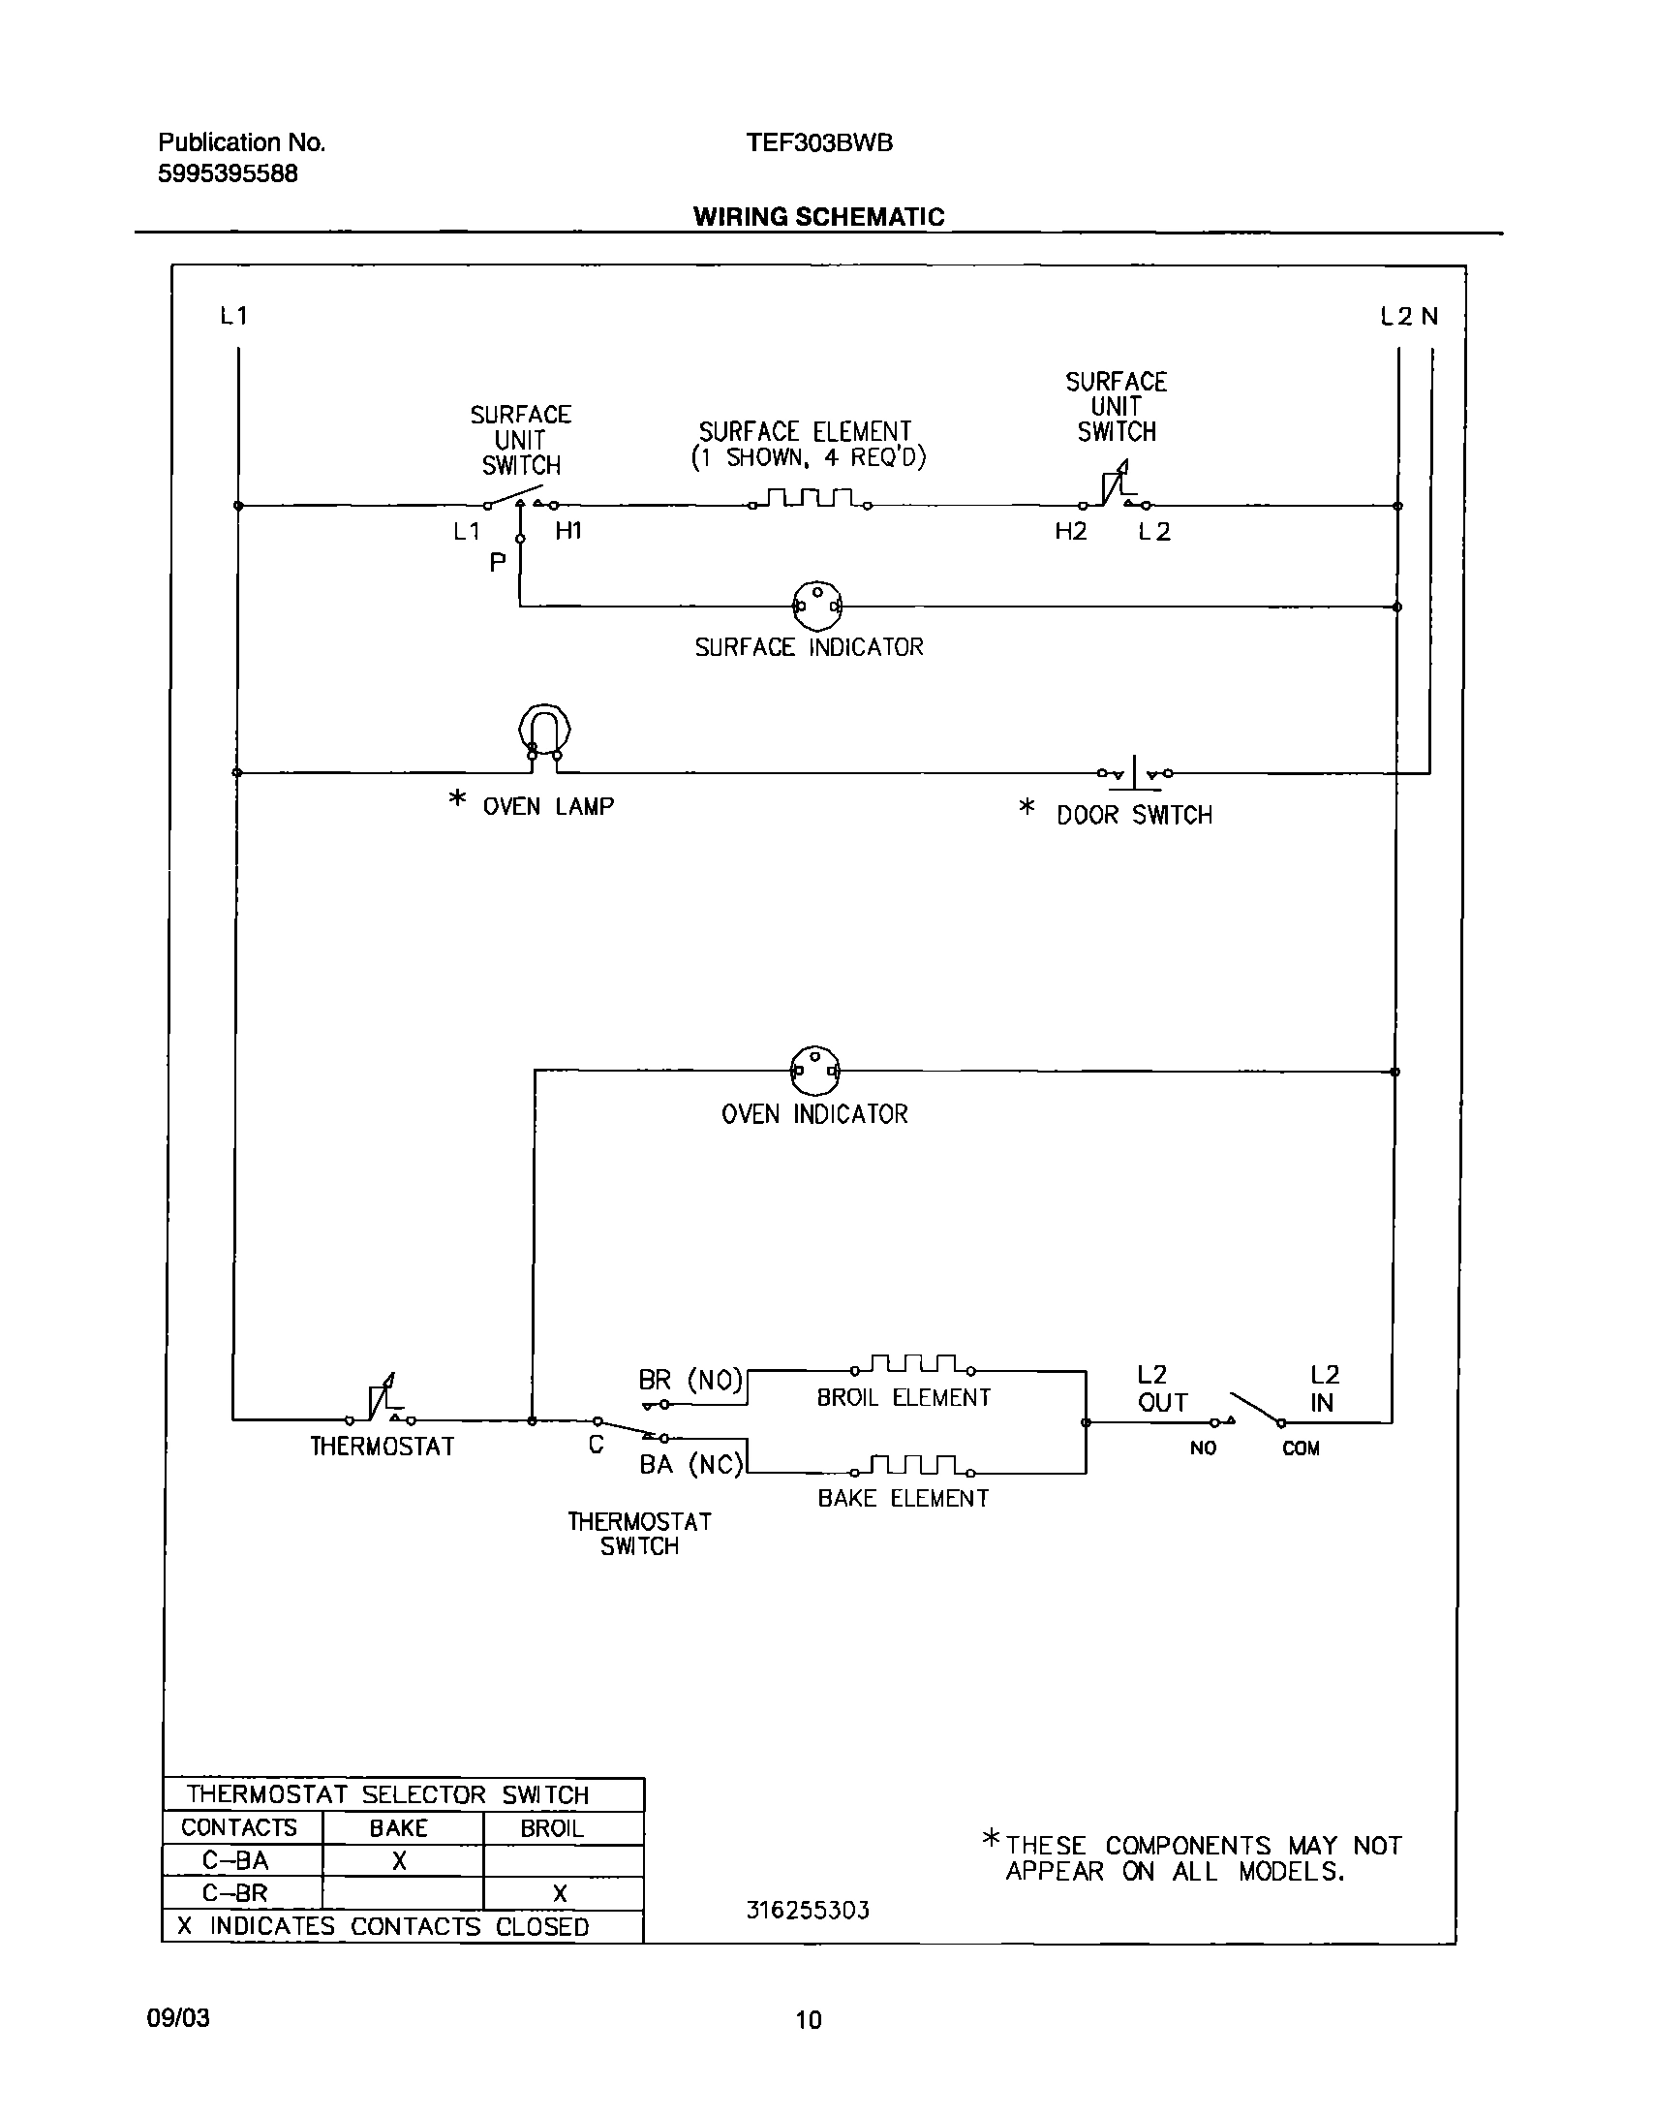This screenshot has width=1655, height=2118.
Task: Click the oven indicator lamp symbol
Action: click(815, 1071)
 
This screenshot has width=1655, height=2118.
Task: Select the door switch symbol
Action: click(1134, 773)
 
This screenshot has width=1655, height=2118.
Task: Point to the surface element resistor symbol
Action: click(810, 499)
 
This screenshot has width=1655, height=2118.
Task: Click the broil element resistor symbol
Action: click(912, 1365)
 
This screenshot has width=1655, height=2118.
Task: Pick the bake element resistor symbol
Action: click(912, 1465)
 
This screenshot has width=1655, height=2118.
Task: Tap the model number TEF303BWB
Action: click(819, 143)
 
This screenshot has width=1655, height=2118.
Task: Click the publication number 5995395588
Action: click(228, 174)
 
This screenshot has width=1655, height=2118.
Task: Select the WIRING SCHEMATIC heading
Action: click(818, 217)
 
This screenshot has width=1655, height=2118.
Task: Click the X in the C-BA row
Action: click(398, 1861)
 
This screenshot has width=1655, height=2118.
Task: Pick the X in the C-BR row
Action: click(560, 1893)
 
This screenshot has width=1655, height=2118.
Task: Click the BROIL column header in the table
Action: click(552, 1828)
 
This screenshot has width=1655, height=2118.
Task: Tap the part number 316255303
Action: click(808, 1911)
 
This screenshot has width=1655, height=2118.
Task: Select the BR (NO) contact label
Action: click(690, 1380)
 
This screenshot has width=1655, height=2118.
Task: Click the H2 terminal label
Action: click(1071, 532)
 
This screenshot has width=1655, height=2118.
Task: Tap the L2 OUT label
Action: click(1160, 1388)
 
